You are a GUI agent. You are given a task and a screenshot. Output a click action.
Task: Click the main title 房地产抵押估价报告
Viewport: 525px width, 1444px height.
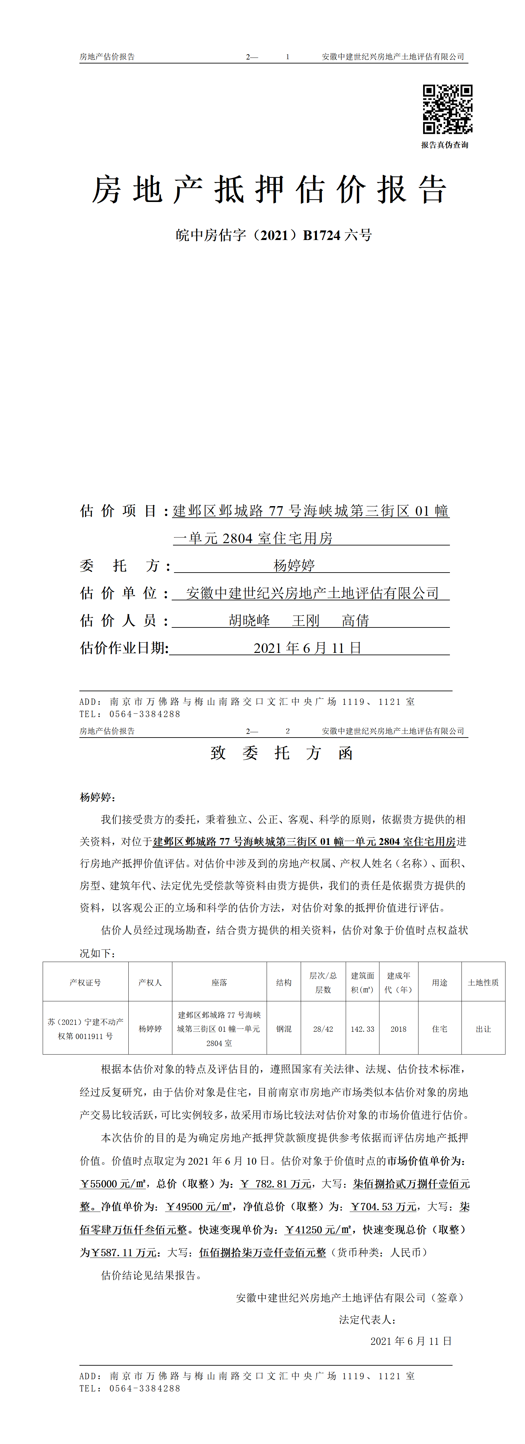(269, 189)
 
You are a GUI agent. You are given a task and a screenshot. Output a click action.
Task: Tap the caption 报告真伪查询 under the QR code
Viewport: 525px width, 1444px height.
(445, 145)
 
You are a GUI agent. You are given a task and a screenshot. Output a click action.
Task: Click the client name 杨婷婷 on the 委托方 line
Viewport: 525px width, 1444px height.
(294, 565)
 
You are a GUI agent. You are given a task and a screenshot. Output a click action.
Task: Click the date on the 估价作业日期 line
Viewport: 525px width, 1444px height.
(307, 648)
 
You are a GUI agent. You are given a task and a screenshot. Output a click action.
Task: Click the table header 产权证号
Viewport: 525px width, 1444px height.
(85, 983)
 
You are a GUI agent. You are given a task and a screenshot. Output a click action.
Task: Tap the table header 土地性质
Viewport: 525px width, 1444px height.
(483, 983)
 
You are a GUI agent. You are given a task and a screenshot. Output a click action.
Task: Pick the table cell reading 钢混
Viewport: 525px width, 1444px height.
(284, 1029)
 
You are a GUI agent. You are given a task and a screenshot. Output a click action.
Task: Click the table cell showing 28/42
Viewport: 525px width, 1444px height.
(323, 1029)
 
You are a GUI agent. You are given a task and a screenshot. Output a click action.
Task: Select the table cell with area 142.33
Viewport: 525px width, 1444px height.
(362, 1029)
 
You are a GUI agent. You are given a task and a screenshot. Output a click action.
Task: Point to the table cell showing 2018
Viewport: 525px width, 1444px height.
(398, 1029)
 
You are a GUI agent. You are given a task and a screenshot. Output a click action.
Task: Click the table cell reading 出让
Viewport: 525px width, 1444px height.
(483, 1029)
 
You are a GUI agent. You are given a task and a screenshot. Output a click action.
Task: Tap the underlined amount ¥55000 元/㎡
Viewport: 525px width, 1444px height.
(113, 1184)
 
